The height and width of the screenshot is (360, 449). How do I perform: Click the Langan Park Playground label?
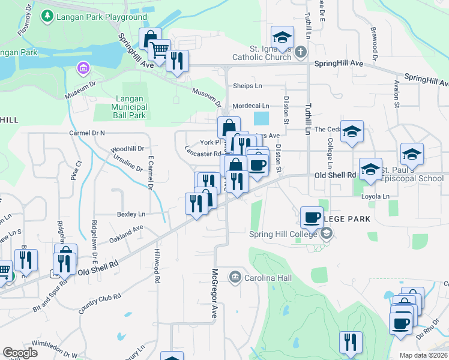point(101,17)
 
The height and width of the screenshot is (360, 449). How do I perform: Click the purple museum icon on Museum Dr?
point(82,69)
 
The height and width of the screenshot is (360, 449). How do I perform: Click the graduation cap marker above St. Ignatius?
point(282,37)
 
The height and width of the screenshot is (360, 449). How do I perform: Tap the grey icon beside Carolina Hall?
point(235,277)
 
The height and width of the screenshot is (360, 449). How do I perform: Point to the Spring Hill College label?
point(284,233)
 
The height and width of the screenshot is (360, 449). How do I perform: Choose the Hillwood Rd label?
point(157,266)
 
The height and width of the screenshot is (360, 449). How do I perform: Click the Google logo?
point(20,353)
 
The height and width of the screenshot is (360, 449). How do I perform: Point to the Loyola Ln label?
point(375,196)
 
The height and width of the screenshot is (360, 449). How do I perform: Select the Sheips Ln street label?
point(247,86)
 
